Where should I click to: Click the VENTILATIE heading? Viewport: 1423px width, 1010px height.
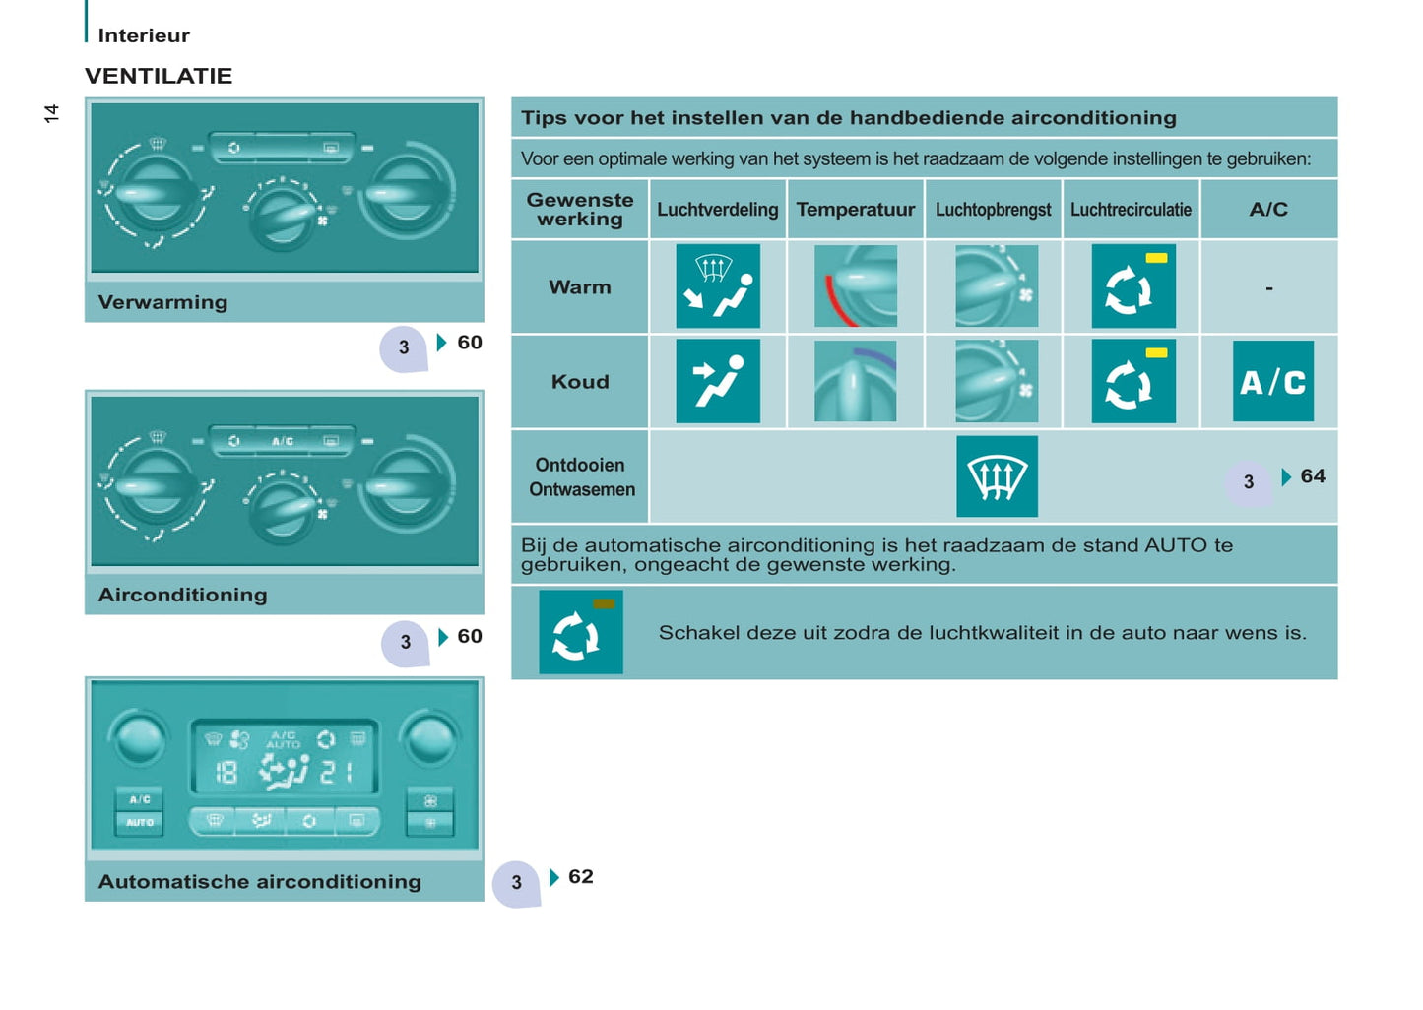click(159, 76)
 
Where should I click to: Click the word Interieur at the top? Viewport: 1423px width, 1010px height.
click(144, 35)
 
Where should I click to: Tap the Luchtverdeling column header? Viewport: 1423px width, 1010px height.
click(717, 209)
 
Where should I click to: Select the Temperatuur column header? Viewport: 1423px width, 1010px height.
click(856, 209)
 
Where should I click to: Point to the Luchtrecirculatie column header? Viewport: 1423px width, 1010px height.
click(1131, 209)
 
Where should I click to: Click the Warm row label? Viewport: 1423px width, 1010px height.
click(580, 287)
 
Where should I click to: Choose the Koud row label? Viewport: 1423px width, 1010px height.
click(580, 382)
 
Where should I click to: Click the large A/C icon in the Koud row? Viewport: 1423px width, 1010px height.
click(1273, 381)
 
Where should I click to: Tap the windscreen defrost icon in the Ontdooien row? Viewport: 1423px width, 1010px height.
click(997, 476)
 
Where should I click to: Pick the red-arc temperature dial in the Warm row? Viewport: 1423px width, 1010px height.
click(856, 285)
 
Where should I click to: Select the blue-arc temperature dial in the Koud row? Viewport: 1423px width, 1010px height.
click(856, 381)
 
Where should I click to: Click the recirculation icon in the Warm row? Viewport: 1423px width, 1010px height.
click(1133, 285)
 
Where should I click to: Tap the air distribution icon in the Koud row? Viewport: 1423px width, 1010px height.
click(718, 381)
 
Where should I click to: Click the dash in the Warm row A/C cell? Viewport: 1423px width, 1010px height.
click(1269, 288)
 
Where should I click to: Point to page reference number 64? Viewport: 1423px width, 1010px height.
click(1313, 476)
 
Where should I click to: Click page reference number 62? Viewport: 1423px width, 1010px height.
click(581, 876)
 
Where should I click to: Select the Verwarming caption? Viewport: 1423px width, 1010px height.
click(162, 302)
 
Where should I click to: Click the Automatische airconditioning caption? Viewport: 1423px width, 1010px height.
click(259, 882)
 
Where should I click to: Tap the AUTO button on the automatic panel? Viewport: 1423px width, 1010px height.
click(140, 823)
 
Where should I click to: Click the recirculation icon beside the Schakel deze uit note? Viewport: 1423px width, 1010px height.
click(581, 632)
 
